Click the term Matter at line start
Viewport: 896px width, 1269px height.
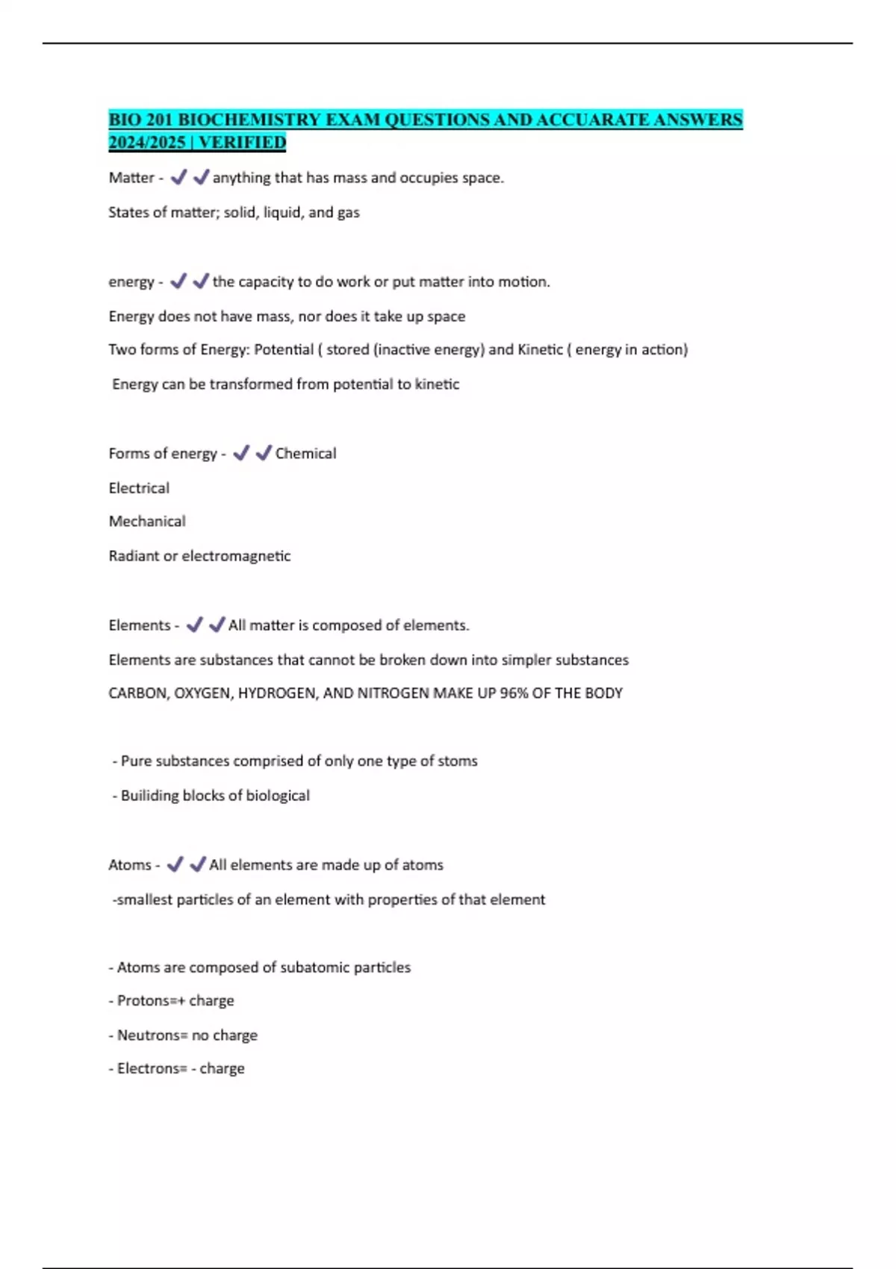point(131,178)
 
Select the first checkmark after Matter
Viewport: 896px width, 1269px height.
point(178,178)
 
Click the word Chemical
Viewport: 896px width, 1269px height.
point(305,453)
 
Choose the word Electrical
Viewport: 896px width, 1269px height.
point(139,487)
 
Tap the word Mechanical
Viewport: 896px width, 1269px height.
point(147,521)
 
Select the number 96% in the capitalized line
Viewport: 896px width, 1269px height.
point(514,693)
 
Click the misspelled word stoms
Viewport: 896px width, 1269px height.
point(458,761)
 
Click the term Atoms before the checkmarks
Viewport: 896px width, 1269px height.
point(130,864)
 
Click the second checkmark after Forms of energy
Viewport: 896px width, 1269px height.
point(263,453)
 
